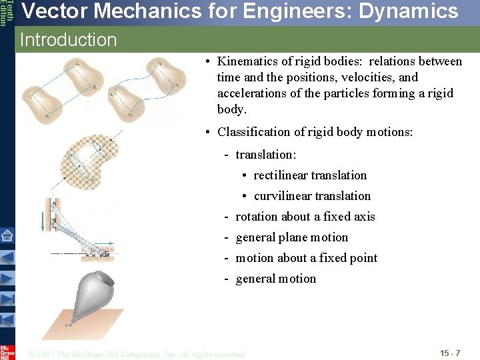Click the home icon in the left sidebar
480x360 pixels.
click(x=7, y=235)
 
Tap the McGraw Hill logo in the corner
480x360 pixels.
click(x=7, y=351)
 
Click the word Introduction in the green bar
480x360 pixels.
click(x=69, y=40)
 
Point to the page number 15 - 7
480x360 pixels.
click(x=450, y=352)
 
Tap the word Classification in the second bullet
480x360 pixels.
click(x=255, y=132)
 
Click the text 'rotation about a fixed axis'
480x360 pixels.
click(x=305, y=217)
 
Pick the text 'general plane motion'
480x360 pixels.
click(x=292, y=237)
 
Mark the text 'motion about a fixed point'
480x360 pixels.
click(x=307, y=258)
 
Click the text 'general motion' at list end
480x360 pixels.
click(x=276, y=279)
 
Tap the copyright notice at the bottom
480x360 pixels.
click(x=137, y=354)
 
